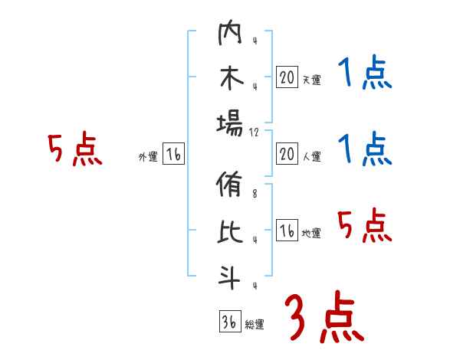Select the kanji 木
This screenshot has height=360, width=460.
tap(230, 79)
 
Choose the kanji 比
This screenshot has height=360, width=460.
tap(230, 232)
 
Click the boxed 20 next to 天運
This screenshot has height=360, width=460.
tap(287, 77)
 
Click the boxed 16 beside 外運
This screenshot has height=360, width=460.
tap(173, 155)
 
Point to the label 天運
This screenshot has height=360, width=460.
tap(311, 80)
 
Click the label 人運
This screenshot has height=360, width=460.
tap(311, 157)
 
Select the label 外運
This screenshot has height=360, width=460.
tap(148, 157)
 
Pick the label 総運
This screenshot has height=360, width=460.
tap(255, 324)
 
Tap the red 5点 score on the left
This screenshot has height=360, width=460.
tap(74, 150)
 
